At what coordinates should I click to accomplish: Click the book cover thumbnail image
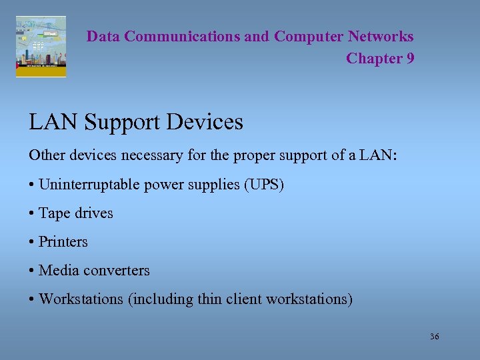click(41, 47)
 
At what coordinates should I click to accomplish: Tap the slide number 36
click(435, 337)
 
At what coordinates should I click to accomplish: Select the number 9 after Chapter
click(409, 59)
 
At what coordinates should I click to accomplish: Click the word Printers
click(63, 242)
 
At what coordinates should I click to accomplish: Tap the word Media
click(58, 271)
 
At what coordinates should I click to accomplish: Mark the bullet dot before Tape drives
click(32, 213)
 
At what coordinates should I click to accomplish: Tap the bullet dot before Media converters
click(32, 271)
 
